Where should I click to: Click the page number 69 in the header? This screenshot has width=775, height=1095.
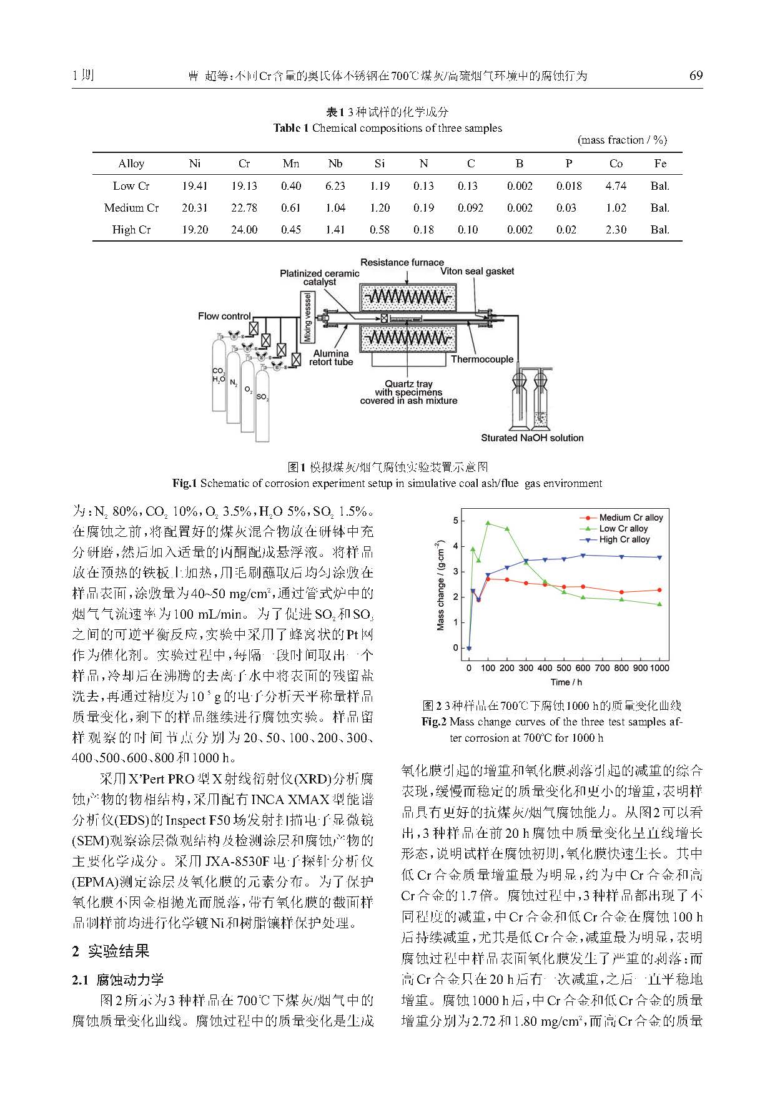(x=696, y=76)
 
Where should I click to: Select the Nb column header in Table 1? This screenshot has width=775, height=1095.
(x=335, y=164)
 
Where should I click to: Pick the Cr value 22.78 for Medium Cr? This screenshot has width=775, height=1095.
(x=244, y=208)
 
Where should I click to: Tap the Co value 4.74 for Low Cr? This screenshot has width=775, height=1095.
(x=616, y=186)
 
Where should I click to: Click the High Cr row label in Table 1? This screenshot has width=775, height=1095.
(x=131, y=230)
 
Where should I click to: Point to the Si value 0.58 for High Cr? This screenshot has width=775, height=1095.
(x=379, y=230)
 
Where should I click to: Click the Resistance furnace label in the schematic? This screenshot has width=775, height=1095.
(x=402, y=262)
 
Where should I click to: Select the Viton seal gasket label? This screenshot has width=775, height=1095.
(x=477, y=271)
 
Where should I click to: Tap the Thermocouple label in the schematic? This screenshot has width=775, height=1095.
(x=481, y=359)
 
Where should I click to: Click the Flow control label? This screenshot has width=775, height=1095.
(x=224, y=316)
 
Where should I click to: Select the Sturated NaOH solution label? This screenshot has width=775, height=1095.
(x=532, y=438)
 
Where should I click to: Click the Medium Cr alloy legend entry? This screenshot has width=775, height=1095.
(x=630, y=518)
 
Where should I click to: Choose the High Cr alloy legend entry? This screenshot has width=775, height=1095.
(x=624, y=539)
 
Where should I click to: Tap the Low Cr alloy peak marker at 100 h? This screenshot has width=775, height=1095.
(x=488, y=523)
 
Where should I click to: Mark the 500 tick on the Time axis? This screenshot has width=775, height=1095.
(x=564, y=668)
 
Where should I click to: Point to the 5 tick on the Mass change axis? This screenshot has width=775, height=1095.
(x=456, y=521)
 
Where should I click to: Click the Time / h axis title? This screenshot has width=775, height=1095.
(x=566, y=682)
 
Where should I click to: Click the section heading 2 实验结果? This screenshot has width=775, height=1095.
(x=111, y=951)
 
